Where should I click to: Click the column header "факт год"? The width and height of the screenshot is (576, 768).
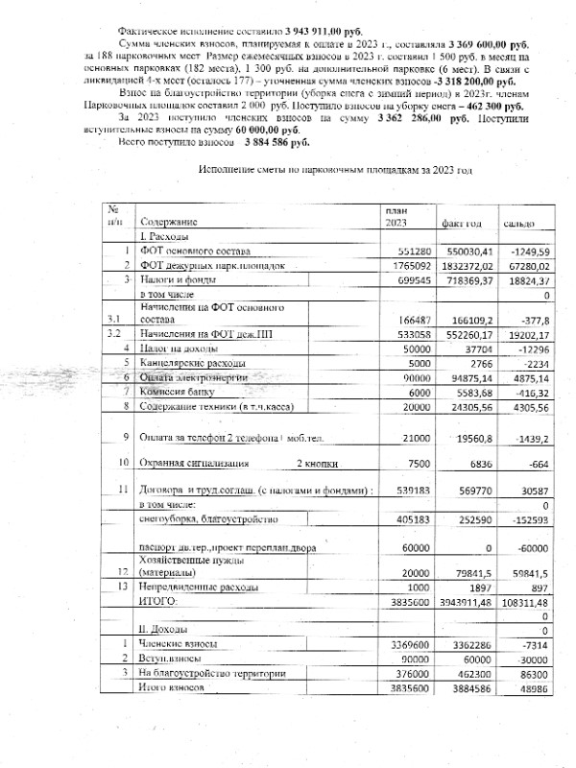click(x=461, y=223)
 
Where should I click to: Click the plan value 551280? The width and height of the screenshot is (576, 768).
click(x=409, y=251)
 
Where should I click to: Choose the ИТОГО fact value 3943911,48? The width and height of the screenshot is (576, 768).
click(x=468, y=600)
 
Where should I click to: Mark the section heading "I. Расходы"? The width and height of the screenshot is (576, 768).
click(x=164, y=236)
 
